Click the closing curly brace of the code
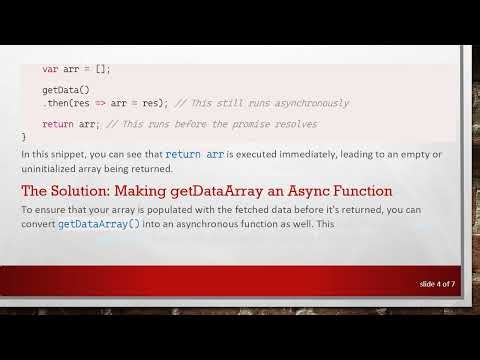[x=24, y=136]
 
